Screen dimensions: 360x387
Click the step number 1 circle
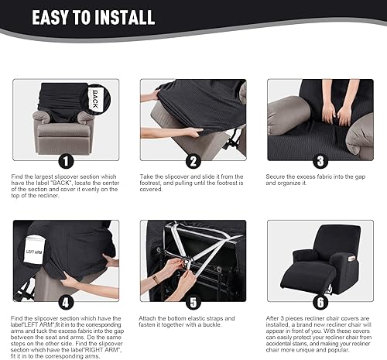tap(66, 161)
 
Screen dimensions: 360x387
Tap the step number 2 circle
tap(193, 161)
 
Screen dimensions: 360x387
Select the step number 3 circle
tap(319, 161)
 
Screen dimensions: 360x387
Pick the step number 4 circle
tap(66, 302)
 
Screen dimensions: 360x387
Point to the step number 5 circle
tap(193, 302)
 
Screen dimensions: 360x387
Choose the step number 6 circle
tap(319, 302)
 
